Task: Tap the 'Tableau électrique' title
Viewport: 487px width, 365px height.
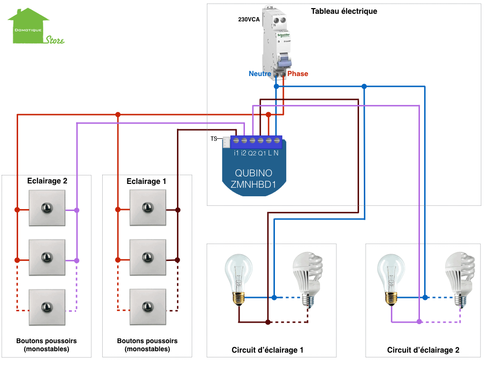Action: pyautogui.click(x=344, y=11)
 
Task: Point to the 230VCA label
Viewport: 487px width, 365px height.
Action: pyautogui.click(x=249, y=20)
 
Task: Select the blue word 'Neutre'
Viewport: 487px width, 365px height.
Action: pyautogui.click(x=260, y=74)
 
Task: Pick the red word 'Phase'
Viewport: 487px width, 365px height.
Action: pyautogui.click(x=298, y=74)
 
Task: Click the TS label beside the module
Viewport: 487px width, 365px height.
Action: pyautogui.click(x=214, y=139)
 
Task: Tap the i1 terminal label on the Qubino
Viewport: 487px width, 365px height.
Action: pyautogui.click(x=236, y=153)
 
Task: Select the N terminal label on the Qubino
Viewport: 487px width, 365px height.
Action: pyautogui.click(x=276, y=153)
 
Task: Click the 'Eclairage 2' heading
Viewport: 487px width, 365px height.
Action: pyautogui.click(x=47, y=181)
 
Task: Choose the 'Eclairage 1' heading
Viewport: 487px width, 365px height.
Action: pyautogui.click(x=146, y=181)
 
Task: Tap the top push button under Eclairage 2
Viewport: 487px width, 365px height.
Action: pyautogui.click(x=47, y=208)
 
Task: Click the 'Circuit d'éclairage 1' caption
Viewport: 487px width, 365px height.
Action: pyautogui.click(x=267, y=350)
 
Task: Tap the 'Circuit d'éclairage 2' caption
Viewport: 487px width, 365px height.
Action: pyautogui.click(x=423, y=350)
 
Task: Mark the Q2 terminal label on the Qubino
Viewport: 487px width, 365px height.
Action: pyautogui.click(x=252, y=153)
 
